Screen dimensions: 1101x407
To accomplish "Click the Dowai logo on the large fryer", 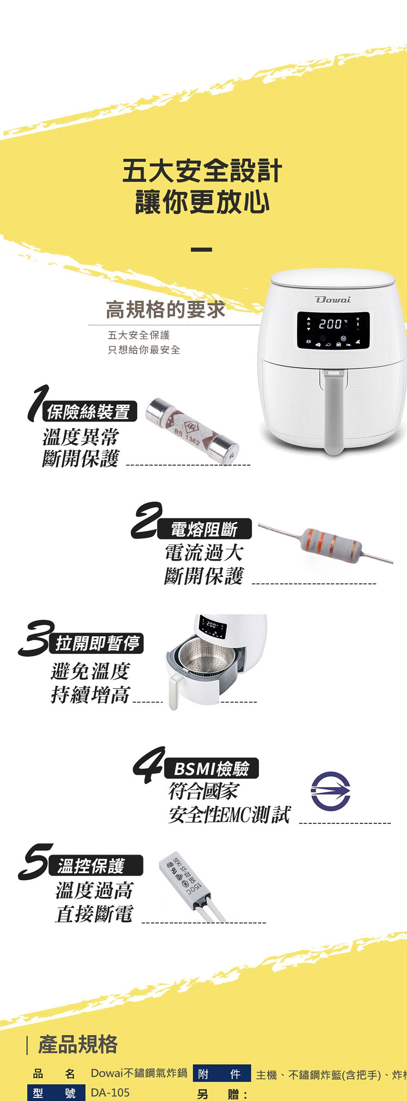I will coord(332,299).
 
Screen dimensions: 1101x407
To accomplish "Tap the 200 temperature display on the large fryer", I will coord(330,324).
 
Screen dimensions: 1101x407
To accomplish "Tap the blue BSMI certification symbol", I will coord(330,791).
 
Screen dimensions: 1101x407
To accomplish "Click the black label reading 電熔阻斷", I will coord(204,529).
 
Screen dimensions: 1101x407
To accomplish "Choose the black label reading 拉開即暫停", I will coord(98,643).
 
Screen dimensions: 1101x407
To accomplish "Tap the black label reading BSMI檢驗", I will coord(212,769).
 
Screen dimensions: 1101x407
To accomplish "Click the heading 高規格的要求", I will coord(165,310).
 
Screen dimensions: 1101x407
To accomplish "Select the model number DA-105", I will coord(110,1093).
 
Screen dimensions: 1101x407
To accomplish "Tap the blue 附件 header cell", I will coord(222,1073).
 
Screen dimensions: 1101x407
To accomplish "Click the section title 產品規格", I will coord(78,1044).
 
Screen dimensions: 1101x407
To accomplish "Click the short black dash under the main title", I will coord(201,249).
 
